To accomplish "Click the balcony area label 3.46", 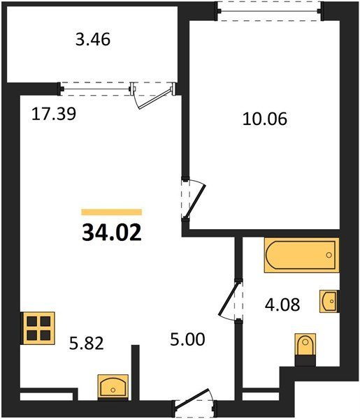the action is pyautogui.click(x=93, y=40).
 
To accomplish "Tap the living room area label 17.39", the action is pyautogui.click(x=54, y=114).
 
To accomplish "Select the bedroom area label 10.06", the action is pyautogui.click(x=265, y=119).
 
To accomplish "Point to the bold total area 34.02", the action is pyautogui.click(x=112, y=233).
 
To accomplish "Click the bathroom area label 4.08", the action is pyautogui.click(x=282, y=304).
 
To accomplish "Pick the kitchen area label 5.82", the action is pyautogui.click(x=87, y=344).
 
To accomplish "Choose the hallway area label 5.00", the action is pyautogui.click(x=187, y=339).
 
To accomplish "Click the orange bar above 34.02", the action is pyautogui.click(x=112, y=212).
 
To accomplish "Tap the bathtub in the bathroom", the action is pyautogui.click(x=302, y=255).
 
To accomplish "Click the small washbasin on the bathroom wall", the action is pyautogui.click(x=329, y=302).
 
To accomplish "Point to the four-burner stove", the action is pyautogui.click(x=38, y=328).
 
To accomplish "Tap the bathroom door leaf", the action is pyautogui.click(x=228, y=299).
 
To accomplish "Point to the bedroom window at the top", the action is pyautogui.click(x=270, y=11).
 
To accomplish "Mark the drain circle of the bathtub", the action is pyautogui.click(x=329, y=255).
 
